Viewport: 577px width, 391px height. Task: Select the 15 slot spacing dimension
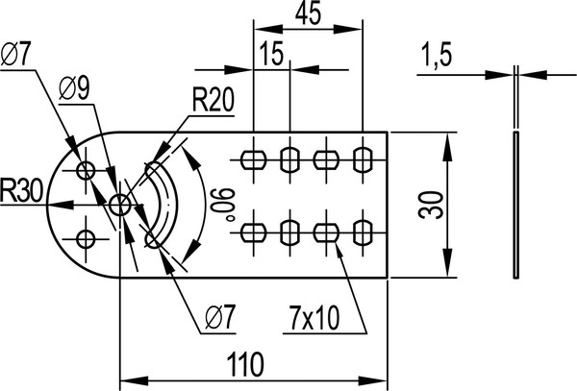click(x=271, y=54)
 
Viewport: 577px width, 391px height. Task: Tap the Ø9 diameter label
click(x=75, y=90)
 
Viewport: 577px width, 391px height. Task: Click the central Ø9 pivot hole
click(x=120, y=204)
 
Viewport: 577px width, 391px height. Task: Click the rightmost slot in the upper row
click(x=363, y=159)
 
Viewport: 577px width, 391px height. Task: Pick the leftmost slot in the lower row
click(x=254, y=232)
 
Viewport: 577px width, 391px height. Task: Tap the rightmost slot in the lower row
click(x=363, y=232)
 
